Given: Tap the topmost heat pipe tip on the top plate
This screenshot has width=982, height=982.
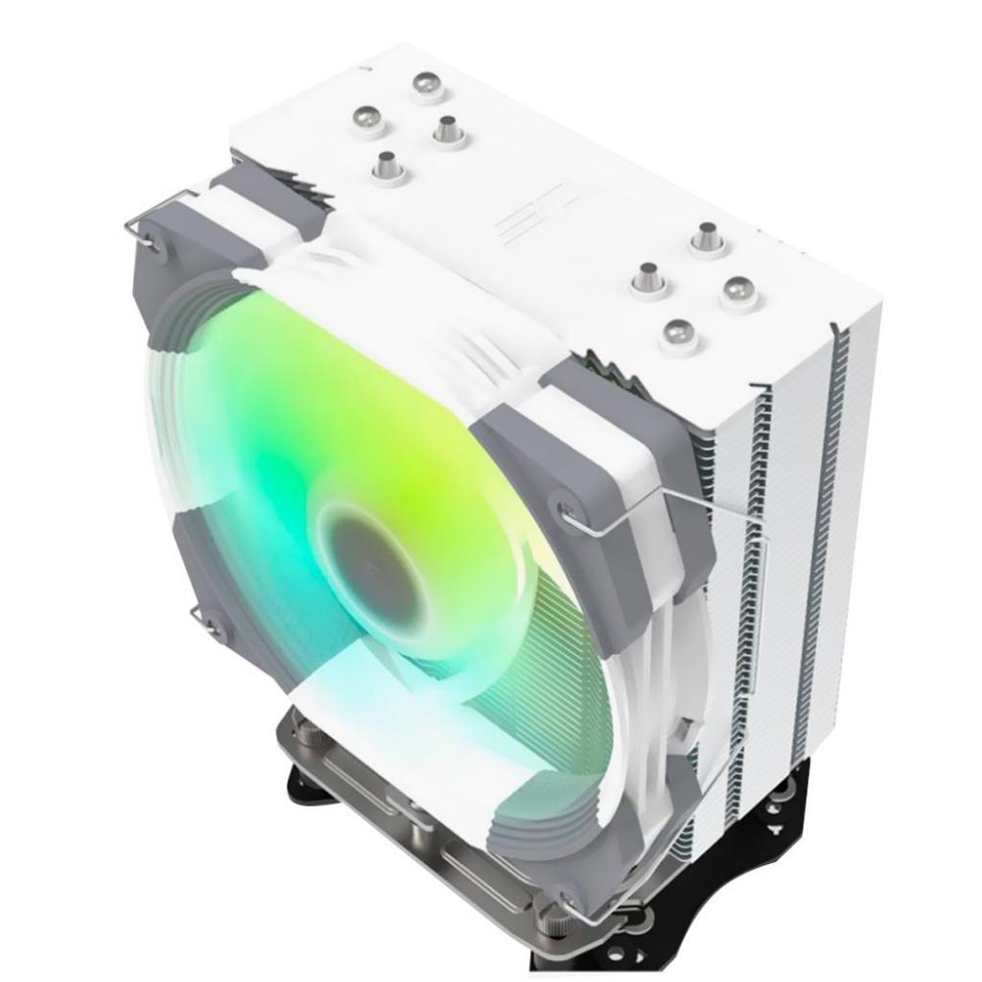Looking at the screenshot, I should point(429,84).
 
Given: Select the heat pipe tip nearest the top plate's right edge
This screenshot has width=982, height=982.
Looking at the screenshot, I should point(739,291).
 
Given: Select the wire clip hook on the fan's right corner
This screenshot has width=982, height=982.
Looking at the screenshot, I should point(575,518).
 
